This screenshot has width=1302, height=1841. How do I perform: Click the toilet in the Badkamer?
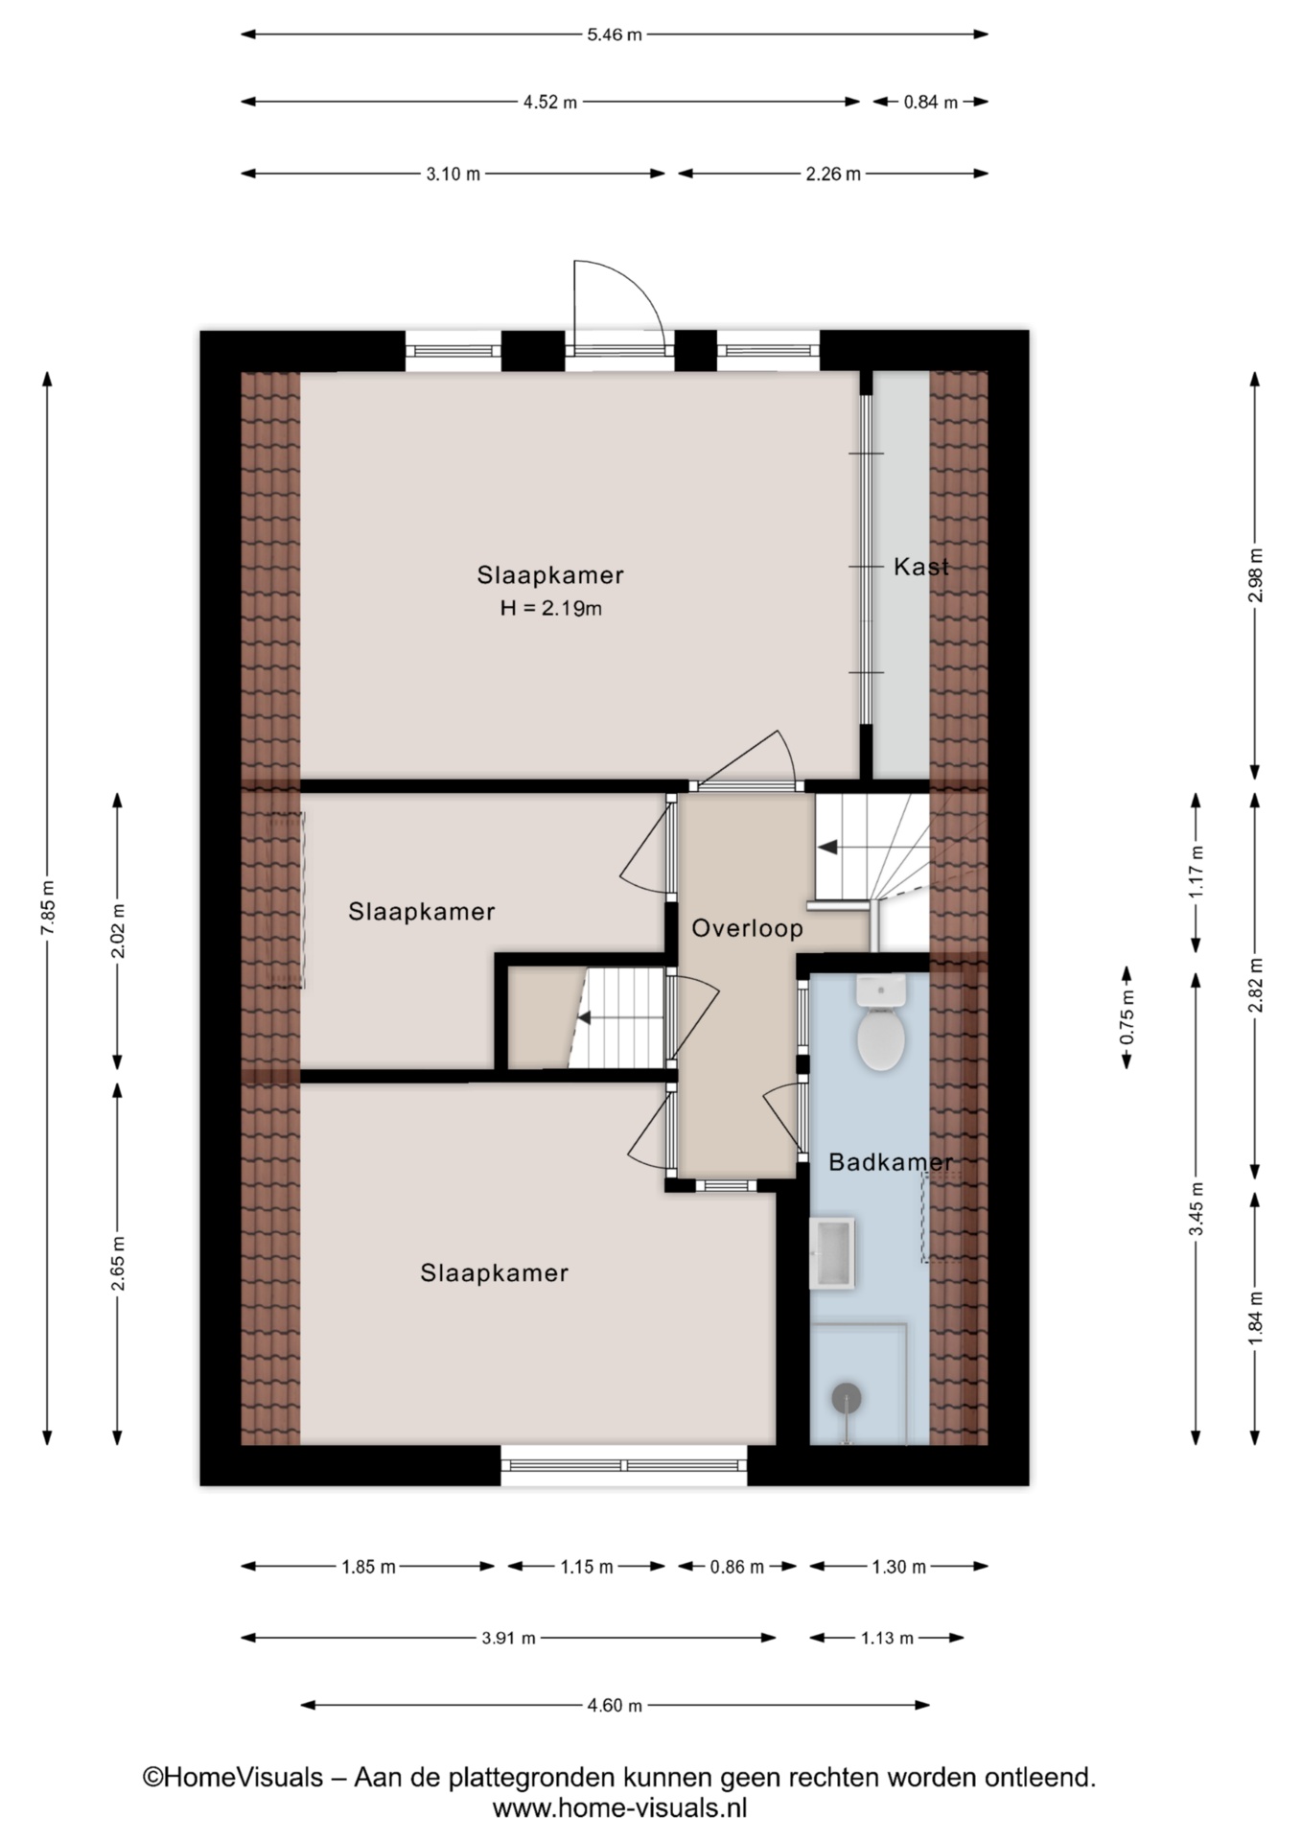(881, 1023)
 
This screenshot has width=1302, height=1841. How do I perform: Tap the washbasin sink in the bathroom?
(832, 1253)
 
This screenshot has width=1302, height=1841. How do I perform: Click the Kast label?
(921, 567)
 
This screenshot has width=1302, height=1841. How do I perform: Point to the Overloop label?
(748, 928)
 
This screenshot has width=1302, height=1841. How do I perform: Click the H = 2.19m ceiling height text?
(551, 608)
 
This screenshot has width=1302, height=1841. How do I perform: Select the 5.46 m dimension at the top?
(615, 35)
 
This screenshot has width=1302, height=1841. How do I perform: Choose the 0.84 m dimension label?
(931, 103)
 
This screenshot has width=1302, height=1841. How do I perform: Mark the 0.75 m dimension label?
(1128, 1016)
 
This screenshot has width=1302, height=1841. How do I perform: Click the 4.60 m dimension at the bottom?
(615, 1706)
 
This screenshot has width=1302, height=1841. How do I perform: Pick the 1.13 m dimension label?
(887, 1638)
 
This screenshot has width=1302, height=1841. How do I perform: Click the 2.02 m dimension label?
(118, 931)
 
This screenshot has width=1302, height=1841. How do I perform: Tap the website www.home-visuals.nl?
(619, 1808)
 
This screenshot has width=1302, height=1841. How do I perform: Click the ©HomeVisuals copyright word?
(233, 1778)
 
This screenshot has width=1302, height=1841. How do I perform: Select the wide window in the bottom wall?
(624, 1465)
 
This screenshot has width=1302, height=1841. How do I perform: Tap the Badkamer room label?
(891, 1163)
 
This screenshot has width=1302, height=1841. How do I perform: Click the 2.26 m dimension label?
(832, 175)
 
